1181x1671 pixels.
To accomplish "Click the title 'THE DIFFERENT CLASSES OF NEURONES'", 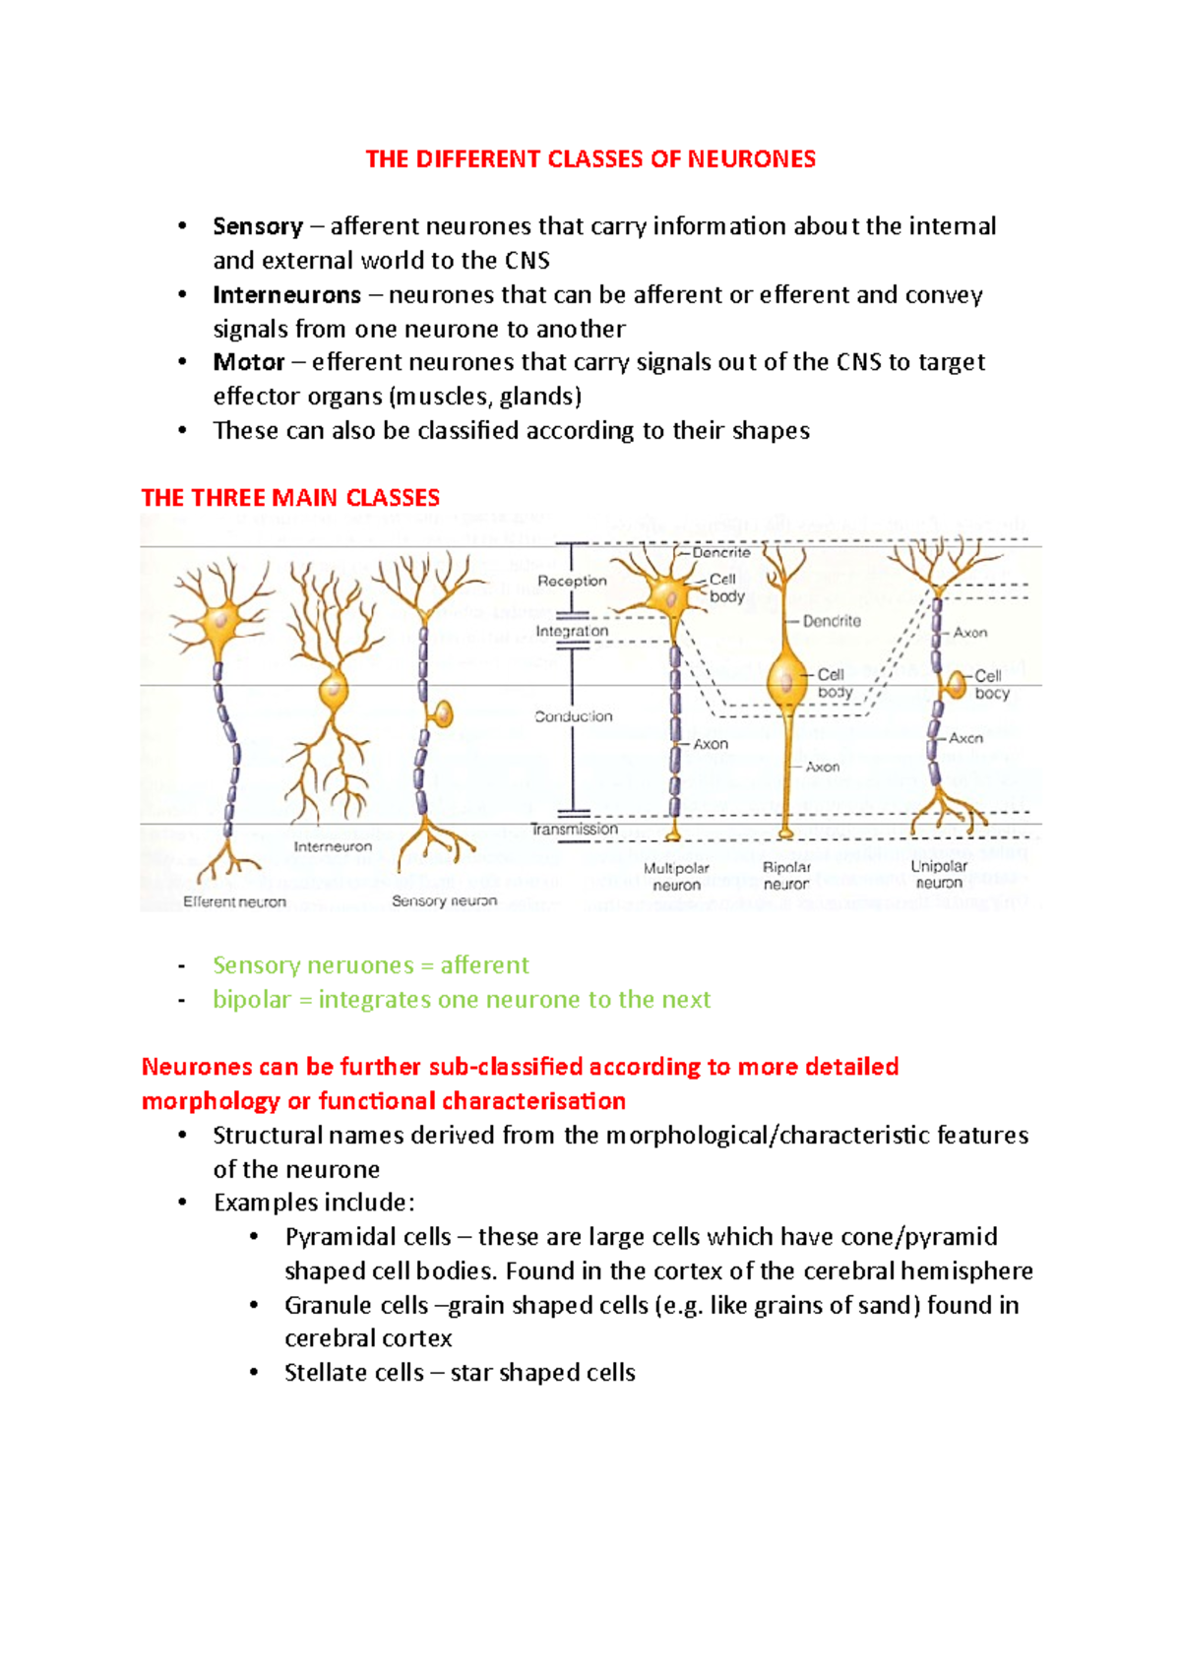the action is tap(590, 159).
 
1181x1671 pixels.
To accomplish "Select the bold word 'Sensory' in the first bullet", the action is tap(258, 226).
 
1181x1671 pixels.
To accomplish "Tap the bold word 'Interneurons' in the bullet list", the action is tap(287, 295).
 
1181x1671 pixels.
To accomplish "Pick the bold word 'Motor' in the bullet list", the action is tap(249, 362).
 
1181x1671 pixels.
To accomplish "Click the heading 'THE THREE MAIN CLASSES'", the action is tap(290, 498).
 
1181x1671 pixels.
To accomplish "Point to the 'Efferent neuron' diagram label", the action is tap(234, 901).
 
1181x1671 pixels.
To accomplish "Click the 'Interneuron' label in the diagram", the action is tap(333, 846).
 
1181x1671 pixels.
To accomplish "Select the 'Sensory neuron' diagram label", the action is tap(444, 900).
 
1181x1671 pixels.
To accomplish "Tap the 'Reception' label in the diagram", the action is tap(572, 581).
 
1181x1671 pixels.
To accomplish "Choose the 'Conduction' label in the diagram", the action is tap(574, 716).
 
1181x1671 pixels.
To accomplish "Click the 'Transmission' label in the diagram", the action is tap(575, 830).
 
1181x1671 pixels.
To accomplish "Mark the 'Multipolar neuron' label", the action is tap(676, 876).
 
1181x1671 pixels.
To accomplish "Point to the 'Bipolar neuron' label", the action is tap(786, 876).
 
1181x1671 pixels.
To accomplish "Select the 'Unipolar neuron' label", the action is tap(939, 874).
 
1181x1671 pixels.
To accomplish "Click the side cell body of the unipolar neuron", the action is tap(955, 683).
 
